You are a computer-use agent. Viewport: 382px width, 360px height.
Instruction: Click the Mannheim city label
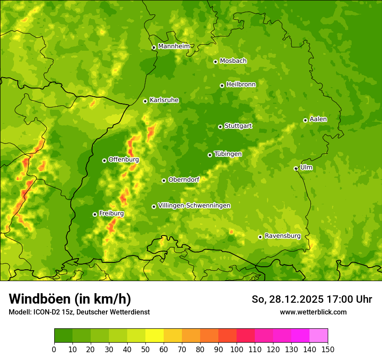pos(174,46)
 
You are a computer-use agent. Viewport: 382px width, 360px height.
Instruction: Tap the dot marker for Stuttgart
pos(220,127)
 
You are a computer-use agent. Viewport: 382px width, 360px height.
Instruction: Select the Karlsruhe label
pos(164,100)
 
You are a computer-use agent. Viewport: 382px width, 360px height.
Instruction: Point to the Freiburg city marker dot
pos(95,214)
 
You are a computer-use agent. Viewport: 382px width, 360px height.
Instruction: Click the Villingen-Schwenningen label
pos(194,206)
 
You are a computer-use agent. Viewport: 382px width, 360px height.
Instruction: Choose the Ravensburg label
pos(282,236)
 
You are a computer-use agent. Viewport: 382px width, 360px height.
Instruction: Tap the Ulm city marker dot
pos(296,168)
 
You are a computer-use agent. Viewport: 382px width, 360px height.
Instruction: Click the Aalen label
pos(318,119)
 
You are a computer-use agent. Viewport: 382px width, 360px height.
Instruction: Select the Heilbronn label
pos(241,85)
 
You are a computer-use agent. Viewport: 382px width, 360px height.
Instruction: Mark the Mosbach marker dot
pos(215,62)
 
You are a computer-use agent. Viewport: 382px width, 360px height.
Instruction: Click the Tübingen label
pos(228,154)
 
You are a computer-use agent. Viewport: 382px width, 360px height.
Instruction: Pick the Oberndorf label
pos(184,180)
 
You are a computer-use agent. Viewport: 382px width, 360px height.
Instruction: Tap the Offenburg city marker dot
pos(104,160)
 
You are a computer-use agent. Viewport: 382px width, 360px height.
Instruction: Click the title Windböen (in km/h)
pos(69,299)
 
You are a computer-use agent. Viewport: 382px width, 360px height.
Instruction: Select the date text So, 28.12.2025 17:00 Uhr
pos(312,299)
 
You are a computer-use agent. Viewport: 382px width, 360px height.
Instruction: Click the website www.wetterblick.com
pos(313,312)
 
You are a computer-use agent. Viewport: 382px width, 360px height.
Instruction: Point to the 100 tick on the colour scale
pos(236,349)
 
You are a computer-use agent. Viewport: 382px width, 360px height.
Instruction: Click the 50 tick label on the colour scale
pos(145,349)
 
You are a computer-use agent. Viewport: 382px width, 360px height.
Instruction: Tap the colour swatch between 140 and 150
pos(318,335)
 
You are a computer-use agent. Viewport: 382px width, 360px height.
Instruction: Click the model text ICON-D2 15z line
pos(79,312)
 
